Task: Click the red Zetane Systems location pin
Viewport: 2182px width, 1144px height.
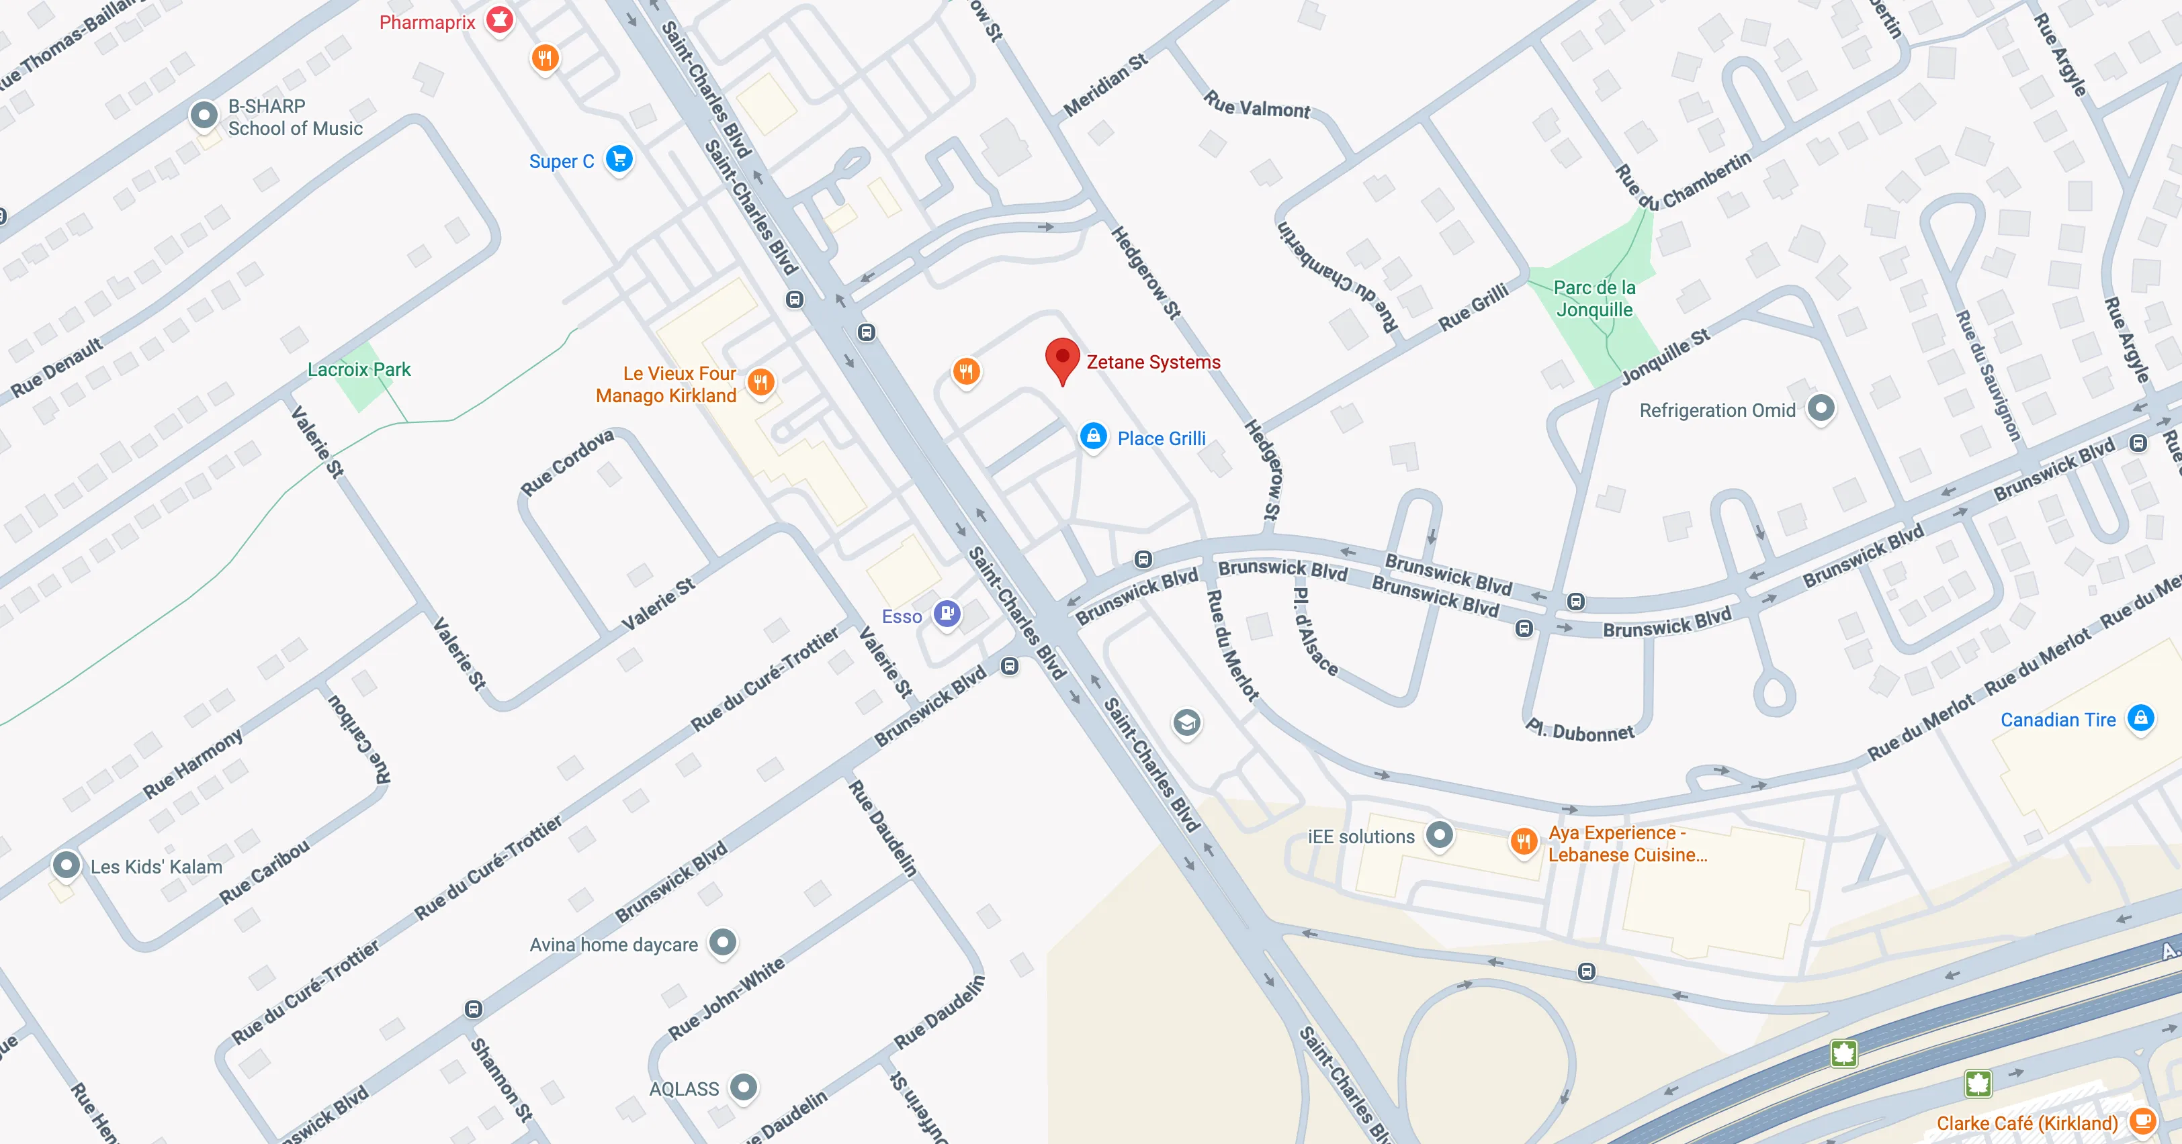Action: click(1062, 360)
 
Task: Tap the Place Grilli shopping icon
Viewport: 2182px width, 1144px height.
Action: click(1094, 437)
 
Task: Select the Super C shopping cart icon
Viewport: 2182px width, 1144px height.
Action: click(619, 159)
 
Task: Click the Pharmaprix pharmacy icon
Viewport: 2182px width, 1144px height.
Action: click(500, 19)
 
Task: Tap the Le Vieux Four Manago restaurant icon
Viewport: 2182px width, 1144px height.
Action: click(760, 382)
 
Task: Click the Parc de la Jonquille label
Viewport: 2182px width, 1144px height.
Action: click(1594, 299)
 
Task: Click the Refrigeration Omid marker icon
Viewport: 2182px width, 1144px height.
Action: click(1821, 408)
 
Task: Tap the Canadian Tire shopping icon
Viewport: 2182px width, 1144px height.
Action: click(2140, 719)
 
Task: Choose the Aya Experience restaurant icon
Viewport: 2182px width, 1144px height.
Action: click(1523, 841)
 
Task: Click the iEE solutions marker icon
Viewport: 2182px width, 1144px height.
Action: click(1439, 835)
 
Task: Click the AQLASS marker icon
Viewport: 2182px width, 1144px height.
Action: click(744, 1086)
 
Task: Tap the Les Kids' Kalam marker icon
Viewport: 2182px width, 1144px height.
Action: click(66, 865)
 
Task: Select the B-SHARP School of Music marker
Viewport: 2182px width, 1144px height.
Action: click(204, 115)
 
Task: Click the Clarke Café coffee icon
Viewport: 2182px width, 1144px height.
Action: click(2143, 1121)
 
